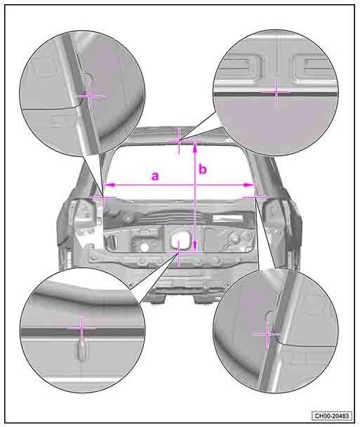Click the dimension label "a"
pyautogui.click(x=155, y=176)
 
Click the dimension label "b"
pyautogui.click(x=203, y=169)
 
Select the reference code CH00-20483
pyautogui.click(x=332, y=416)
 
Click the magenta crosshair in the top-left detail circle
pyautogui.click(x=91, y=96)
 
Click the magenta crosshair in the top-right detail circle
pyautogui.click(x=276, y=92)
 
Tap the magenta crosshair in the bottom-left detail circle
pyautogui.click(x=81, y=329)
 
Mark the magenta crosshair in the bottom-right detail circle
pyautogui.click(x=267, y=334)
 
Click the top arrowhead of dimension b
pyautogui.click(x=195, y=147)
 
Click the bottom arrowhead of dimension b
pyautogui.click(x=194, y=247)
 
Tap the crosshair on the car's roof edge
pyautogui.click(x=179, y=140)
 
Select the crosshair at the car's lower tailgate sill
pyautogui.click(x=178, y=253)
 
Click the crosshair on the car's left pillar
pyautogui.click(x=102, y=197)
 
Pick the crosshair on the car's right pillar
pyautogui.click(x=255, y=197)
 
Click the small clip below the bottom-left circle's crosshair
pyautogui.click(x=81, y=352)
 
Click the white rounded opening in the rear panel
pyautogui.click(x=180, y=239)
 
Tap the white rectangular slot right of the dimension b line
pyautogui.click(x=227, y=218)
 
